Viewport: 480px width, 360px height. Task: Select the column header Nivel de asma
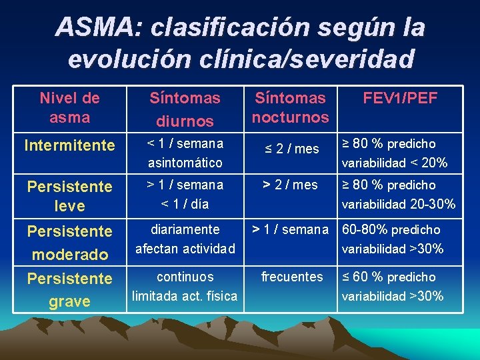(x=69, y=107)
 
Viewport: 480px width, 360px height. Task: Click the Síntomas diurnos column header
(x=185, y=109)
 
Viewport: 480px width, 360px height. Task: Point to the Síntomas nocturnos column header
(x=290, y=107)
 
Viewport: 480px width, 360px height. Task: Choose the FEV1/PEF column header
(x=400, y=99)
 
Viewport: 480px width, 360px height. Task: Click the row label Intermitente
(x=69, y=145)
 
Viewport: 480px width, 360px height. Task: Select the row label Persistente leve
(x=69, y=196)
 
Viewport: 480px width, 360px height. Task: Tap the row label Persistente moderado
(x=69, y=243)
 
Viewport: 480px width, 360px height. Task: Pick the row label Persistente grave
(x=69, y=289)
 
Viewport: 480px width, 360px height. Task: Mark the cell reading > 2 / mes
(x=290, y=185)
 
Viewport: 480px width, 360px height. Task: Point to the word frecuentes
(x=292, y=277)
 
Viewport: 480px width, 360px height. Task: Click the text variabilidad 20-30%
(x=399, y=205)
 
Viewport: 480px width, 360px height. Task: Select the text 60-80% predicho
(x=391, y=230)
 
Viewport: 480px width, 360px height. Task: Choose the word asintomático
(x=185, y=163)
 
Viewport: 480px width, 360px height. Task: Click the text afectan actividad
(x=185, y=249)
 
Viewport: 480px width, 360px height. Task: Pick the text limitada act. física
(x=185, y=296)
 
